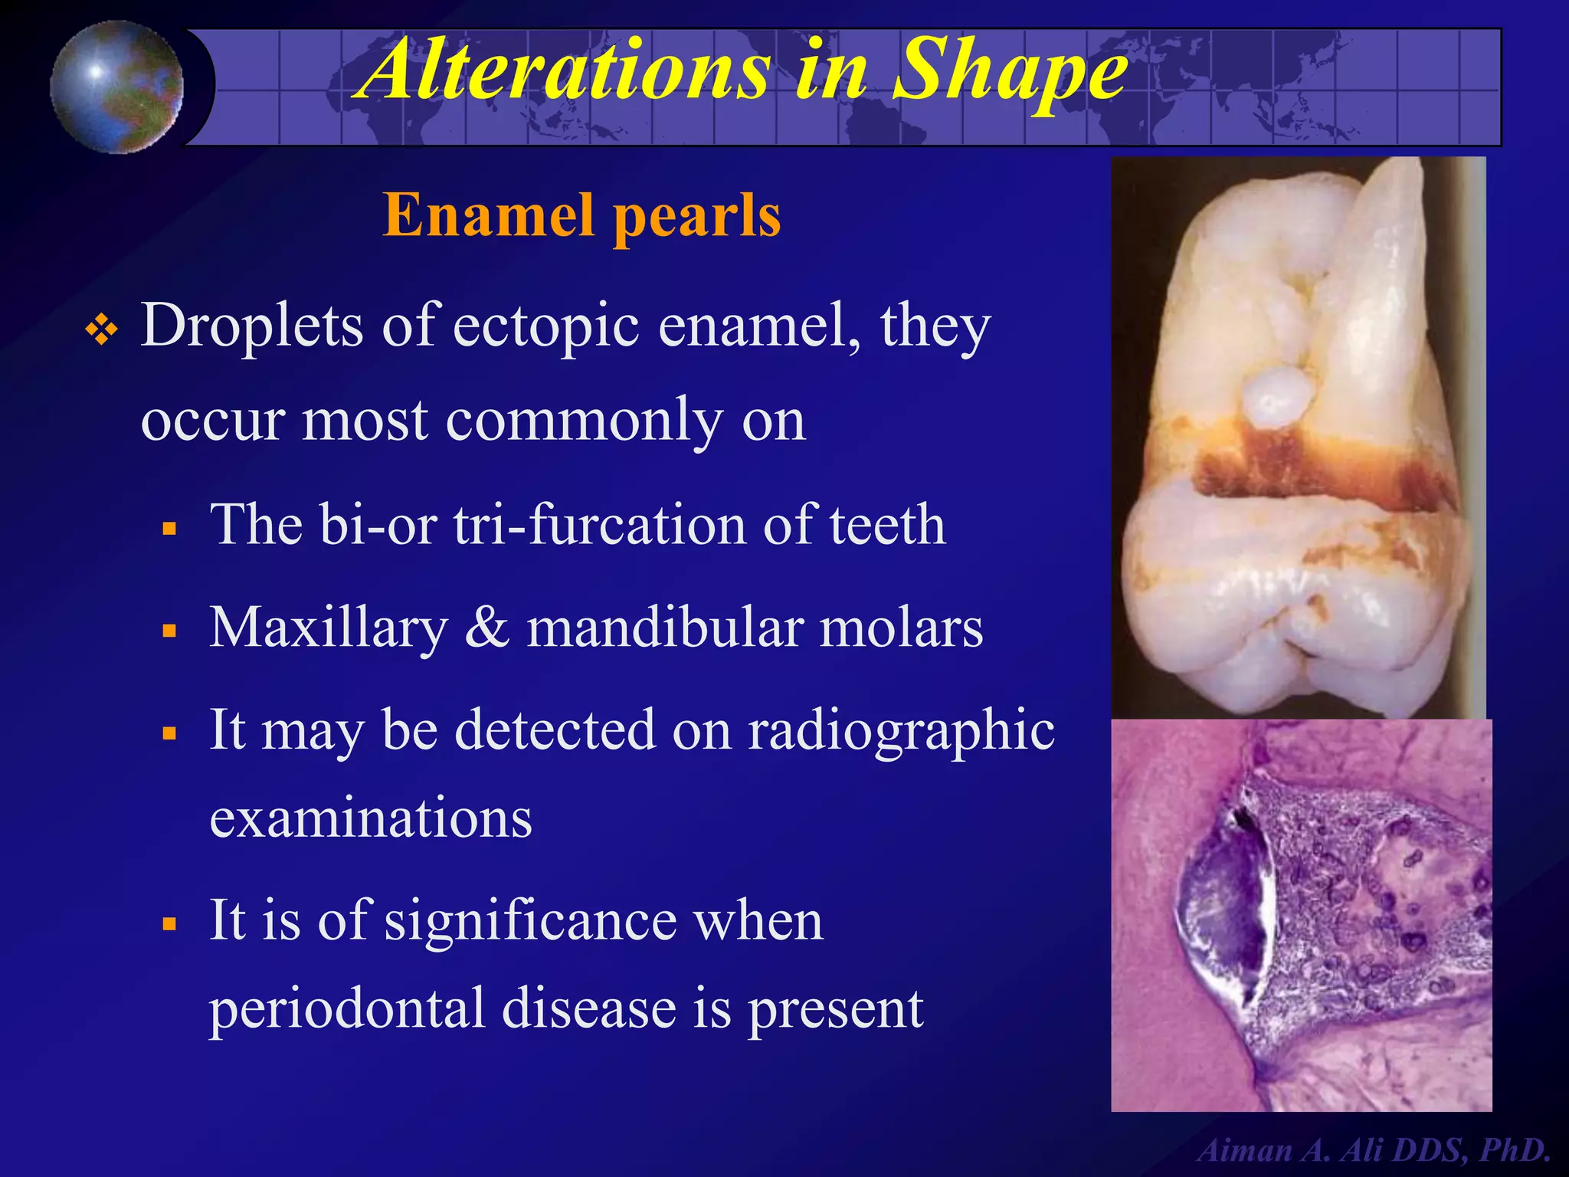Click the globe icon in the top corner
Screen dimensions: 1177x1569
pyautogui.click(x=116, y=87)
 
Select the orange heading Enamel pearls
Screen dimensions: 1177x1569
pyautogui.click(x=581, y=215)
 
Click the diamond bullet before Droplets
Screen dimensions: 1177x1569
pyautogui.click(x=102, y=331)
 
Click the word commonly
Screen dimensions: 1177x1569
pyautogui.click(x=583, y=421)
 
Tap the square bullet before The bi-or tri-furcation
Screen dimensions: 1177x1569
pyautogui.click(x=170, y=529)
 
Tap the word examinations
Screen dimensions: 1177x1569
pyautogui.click(x=371, y=818)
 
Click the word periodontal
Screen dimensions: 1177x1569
pyautogui.click(x=347, y=1008)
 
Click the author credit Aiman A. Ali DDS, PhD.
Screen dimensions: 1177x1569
pyautogui.click(x=1373, y=1150)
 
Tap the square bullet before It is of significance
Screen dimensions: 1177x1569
pyautogui.click(x=170, y=924)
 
